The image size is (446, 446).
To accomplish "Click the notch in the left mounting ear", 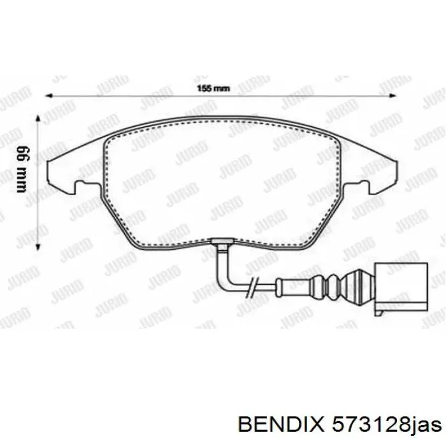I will [81, 185].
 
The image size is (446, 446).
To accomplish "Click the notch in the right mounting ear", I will [365, 185].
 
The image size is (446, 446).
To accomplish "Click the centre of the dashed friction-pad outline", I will [223, 185].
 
